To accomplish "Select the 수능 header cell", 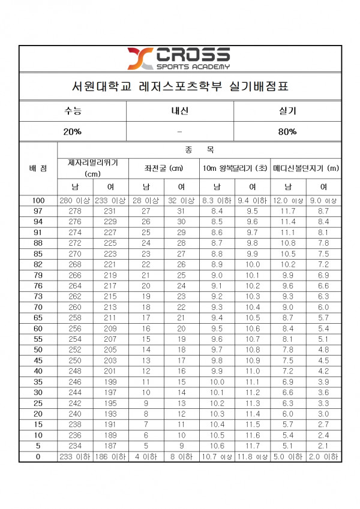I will pyautogui.click(x=73, y=112).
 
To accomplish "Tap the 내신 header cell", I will pyautogui.click(x=180, y=112).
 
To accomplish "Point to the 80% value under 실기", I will pyautogui.click(x=287, y=132).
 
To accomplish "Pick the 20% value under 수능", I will pyautogui.click(x=73, y=132).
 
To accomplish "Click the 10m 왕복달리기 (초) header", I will pyautogui.click(x=235, y=168).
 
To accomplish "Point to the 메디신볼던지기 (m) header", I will pyautogui.click(x=306, y=168).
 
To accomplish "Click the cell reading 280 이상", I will pyautogui.click(x=75, y=201).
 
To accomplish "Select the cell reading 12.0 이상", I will pyautogui.click(x=288, y=201).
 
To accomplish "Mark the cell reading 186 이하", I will pyautogui.click(x=110, y=457).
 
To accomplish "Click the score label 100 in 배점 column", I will pyautogui.click(x=38, y=201).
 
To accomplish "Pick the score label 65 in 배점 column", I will pyautogui.click(x=38, y=317).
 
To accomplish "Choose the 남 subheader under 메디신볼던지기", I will pyautogui.click(x=288, y=187).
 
